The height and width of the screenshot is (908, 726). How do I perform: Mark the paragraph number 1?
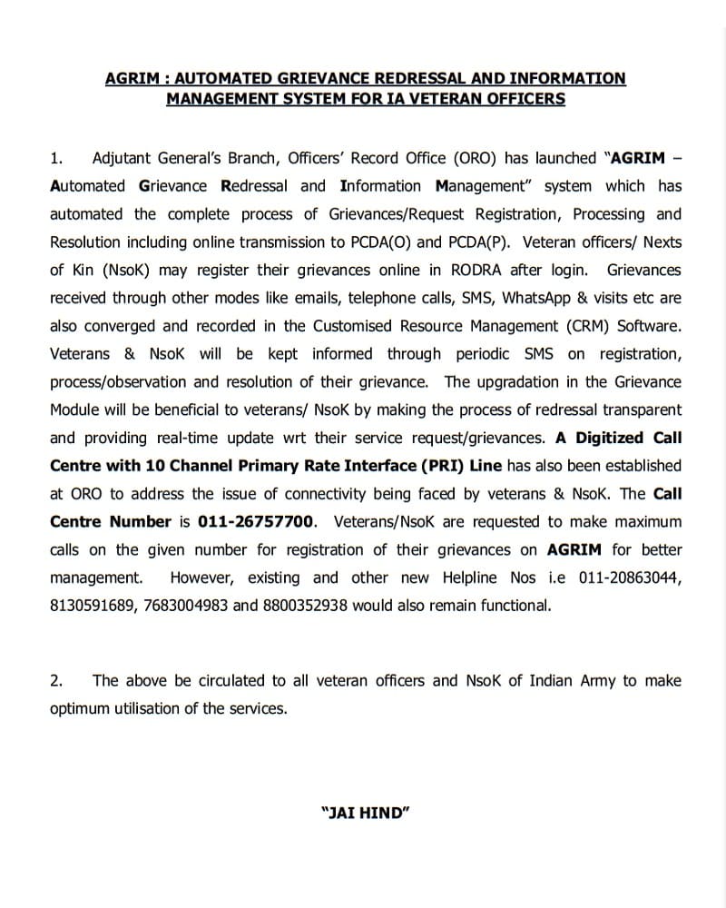point(55,158)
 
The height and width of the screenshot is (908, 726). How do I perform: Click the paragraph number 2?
point(55,680)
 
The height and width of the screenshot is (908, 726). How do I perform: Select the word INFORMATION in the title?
point(559,78)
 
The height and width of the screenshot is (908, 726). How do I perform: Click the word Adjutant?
point(124,158)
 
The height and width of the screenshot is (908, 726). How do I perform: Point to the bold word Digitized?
point(608,438)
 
